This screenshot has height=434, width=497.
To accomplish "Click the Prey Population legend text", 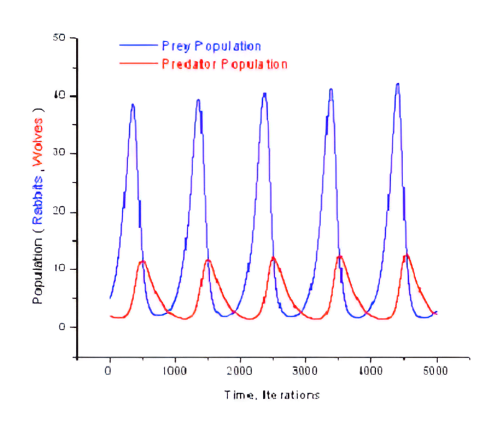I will (x=211, y=46).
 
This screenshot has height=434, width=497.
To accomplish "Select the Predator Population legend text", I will (x=224, y=64).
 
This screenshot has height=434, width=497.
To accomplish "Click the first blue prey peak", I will (x=132, y=105).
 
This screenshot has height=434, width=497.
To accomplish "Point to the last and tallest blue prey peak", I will (x=398, y=84).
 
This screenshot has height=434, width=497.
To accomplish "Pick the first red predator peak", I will (x=143, y=261).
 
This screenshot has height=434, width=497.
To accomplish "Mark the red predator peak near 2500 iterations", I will (x=273, y=258).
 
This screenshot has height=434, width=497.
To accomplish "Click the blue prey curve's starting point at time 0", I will (x=110, y=299).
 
